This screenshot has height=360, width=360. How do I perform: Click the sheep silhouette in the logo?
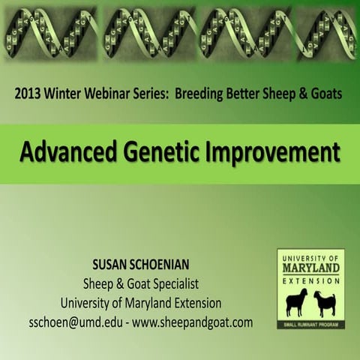tap(294, 301)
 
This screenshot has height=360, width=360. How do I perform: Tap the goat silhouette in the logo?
tap(326, 301)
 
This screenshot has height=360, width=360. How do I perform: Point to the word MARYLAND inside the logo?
tap(310, 268)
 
